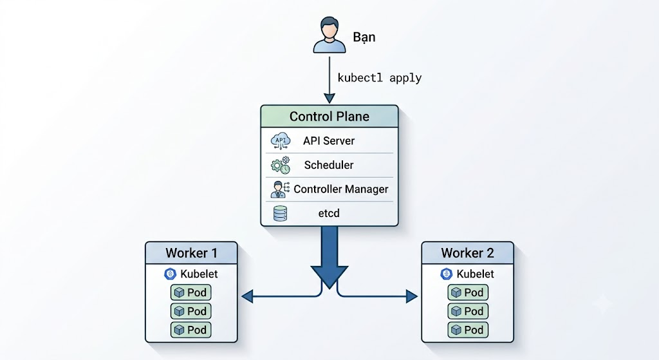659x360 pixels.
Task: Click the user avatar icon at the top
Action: (x=329, y=35)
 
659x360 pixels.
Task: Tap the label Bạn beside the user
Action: (x=364, y=37)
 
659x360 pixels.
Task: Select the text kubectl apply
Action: (x=380, y=78)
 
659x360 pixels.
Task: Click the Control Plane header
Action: (x=329, y=117)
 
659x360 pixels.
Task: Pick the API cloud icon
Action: (x=281, y=141)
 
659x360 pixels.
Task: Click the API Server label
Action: (x=329, y=141)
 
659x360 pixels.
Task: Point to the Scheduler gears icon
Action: (x=281, y=165)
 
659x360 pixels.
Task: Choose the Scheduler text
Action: (x=329, y=165)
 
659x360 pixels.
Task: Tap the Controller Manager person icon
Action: (x=281, y=189)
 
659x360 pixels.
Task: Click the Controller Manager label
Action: (x=341, y=189)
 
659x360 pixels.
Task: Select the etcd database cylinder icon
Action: (x=281, y=213)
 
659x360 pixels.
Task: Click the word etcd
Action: (x=329, y=213)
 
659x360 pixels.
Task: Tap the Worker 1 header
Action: (x=191, y=252)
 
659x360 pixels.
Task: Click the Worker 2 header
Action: (x=467, y=252)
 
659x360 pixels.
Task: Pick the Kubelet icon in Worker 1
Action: (x=170, y=274)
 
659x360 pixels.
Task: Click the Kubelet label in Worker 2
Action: (x=475, y=274)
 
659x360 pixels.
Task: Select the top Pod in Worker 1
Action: (x=190, y=292)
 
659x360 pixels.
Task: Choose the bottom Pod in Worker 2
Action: (x=468, y=330)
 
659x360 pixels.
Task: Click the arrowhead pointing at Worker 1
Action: (x=247, y=296)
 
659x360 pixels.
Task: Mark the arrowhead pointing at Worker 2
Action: (x=412, y=296)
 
